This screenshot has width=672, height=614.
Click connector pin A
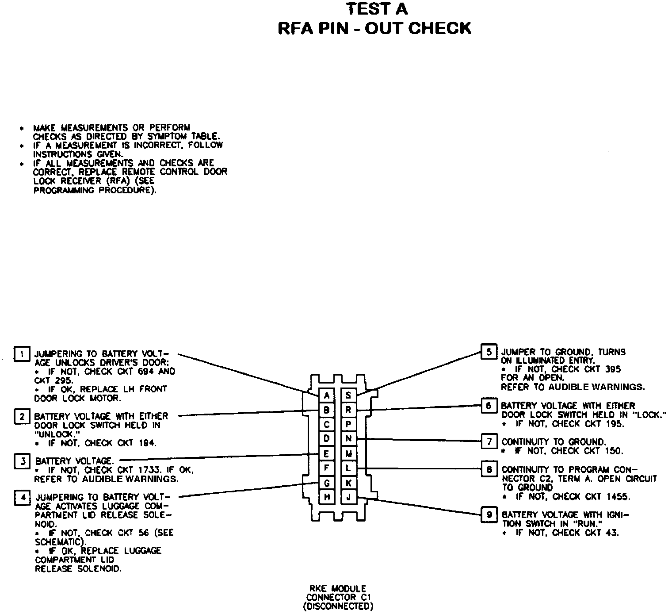coord(327,395)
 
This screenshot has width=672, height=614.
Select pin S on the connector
coord(348,395)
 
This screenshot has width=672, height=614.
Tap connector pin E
coord(327,453)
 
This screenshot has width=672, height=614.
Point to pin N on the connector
coord(348,439)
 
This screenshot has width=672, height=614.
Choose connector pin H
coord(327,497)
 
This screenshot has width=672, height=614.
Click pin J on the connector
coord(348,497)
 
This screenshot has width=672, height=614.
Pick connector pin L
coord(348,468)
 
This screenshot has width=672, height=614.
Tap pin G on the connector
coord(327,482)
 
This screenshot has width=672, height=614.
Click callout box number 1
coord(22,354)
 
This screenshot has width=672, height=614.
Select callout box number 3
coord(22,461)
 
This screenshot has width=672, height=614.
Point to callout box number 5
coord(489,352)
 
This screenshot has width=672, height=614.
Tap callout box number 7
coord(489,441)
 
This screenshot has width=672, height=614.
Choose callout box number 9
coord(489,514)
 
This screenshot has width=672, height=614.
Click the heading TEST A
coord(377,9)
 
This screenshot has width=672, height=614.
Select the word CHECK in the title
coord(439,28)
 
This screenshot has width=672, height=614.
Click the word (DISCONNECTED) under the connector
coord(338,606)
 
